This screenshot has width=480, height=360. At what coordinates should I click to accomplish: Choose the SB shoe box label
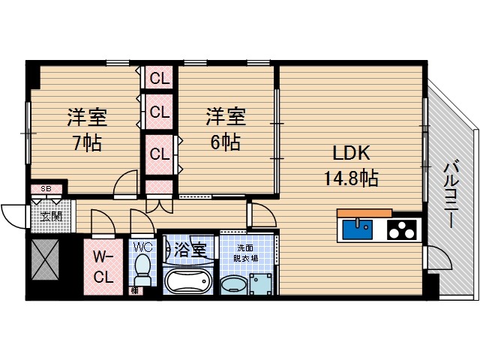coord(46,189)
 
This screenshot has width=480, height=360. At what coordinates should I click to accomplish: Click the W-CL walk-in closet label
coord(103,267)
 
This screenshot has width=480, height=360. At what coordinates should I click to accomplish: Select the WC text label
coord(142,247)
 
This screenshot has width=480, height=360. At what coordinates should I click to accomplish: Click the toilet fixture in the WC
coord(142,271)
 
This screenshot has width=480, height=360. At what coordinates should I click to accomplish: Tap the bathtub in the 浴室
coord(188,283)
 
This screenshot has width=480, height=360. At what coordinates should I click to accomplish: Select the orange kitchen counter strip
coord(364,213)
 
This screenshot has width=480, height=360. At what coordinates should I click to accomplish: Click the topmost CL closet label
coord(159,77)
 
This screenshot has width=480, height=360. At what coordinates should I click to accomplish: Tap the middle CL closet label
coord(159,112)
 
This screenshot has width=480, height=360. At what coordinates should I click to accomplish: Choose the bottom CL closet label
coord(159,154)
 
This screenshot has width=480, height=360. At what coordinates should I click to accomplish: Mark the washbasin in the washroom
coord(232,285)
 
